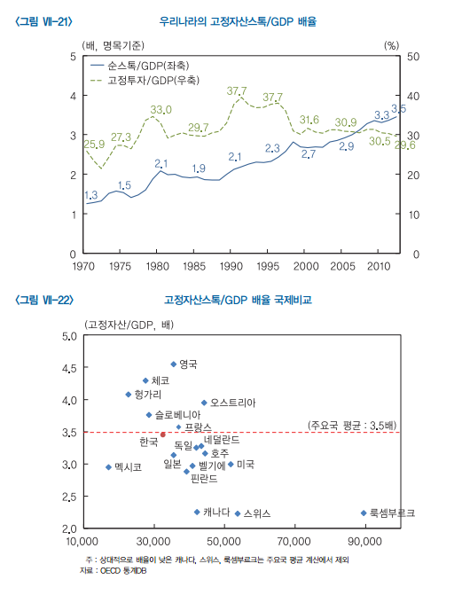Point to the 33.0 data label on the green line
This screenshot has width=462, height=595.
click(x=160, y=109)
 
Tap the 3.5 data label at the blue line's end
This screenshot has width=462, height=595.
click(x=399, y=108)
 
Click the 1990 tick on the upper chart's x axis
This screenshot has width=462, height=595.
click(x=231, y=265)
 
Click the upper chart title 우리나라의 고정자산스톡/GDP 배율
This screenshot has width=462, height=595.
click(x=237, y=20)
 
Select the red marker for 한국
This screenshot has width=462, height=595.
click(x=163, y=435)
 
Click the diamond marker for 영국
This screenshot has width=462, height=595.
click(x=174, y=364)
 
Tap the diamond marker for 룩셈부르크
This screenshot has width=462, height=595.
click(x=364, y=513)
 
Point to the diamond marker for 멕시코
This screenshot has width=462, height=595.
click(x=108, y=466)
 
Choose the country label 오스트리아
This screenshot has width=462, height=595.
click(x=232, y=403)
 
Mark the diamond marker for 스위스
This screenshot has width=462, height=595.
click(x=238, y=513)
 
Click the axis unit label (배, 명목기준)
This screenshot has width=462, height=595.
click(x=114, y=43)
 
